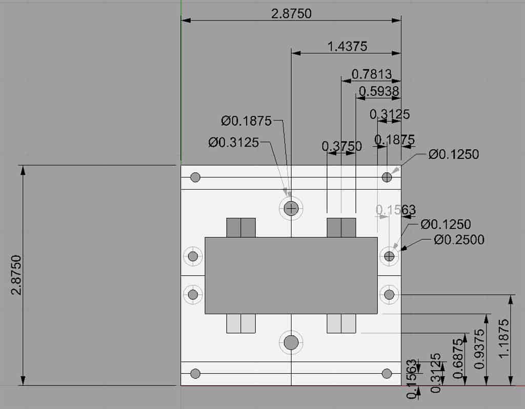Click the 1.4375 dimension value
click(x=348, y=46)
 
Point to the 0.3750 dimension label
click(x=341, y=146)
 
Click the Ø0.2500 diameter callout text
click(x=459, y=239)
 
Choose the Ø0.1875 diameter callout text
click(x=247, y=121)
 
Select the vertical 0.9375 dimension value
click(x=480, y=349)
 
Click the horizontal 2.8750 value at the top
click(x=291, y=14)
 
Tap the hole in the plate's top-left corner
click(x=195, y=177)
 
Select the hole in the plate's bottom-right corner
click(x=387, y=373)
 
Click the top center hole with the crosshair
click(x=291, y=208)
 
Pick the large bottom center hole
click(x=291, y=342)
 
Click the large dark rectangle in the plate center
click(x=291, y=275)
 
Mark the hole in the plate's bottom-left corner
click(x=195, y=373)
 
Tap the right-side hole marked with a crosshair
click(x=389, y=256)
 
